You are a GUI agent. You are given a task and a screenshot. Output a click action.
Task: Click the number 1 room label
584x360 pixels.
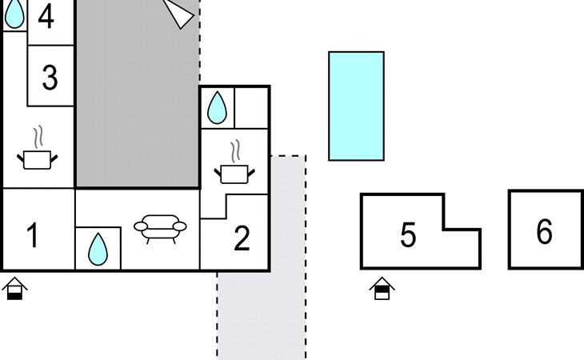(33, 235)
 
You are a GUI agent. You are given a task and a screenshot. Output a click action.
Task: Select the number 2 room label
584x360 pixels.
(242, 238)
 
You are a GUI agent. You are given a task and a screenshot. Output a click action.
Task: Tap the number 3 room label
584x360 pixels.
(50, 78)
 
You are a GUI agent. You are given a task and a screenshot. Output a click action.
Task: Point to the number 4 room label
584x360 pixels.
(46, 17)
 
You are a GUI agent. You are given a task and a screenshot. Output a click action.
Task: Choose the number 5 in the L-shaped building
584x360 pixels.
(408, 235)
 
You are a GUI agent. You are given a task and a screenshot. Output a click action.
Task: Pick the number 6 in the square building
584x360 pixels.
(544, 231)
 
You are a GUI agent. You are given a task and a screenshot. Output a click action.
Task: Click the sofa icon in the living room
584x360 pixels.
(160, 229)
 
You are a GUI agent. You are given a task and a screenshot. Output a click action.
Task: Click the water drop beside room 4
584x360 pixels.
(14, 14)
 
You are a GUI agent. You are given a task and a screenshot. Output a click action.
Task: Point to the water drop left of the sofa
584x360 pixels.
(98, 249)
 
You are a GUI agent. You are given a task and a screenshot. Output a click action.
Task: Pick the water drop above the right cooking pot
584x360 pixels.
(217, 107)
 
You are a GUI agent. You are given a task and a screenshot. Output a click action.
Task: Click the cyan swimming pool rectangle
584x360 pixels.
(357, 106)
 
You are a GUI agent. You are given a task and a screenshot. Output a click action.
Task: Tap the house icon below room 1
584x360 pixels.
(14, 289)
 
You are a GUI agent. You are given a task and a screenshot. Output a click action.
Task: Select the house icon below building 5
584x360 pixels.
(382, 289)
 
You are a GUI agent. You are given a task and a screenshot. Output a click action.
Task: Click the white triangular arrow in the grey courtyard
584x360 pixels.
(179, 14)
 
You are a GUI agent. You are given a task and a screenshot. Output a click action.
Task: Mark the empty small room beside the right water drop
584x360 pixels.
(251, 108)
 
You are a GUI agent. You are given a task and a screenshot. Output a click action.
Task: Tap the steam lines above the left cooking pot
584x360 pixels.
(38, 136)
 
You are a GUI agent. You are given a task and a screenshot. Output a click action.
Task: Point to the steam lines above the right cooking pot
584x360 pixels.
(235, 150)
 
